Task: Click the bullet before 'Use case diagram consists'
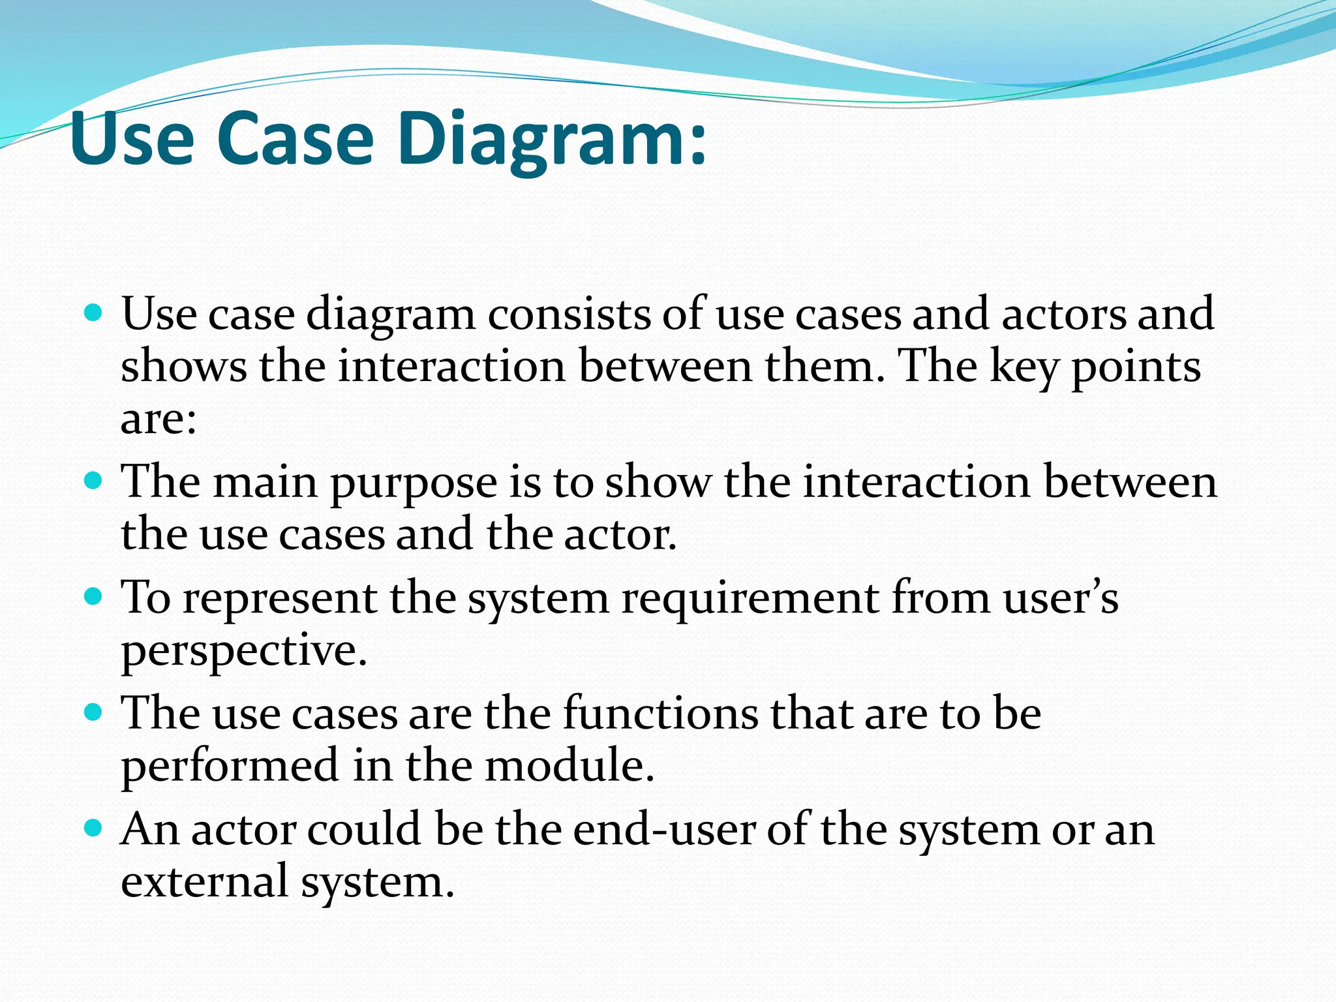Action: point(94,314)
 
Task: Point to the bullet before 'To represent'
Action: point(94,597)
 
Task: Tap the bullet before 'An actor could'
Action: point(94,828)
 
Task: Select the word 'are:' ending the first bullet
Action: point(159,419)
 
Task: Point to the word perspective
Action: point(244,651)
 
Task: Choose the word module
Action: point(569,765)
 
